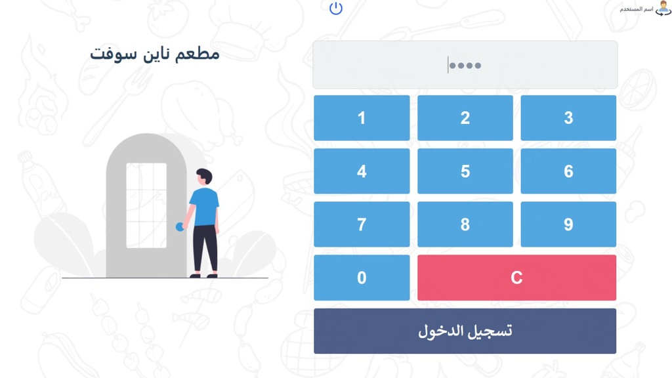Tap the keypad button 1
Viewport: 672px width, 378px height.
point(362,118)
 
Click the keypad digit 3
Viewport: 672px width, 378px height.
point(568,118)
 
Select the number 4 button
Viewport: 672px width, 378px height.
point(362,171)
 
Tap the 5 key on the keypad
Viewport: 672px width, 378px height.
point(465,171)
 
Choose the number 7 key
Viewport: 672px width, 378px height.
point(362,224)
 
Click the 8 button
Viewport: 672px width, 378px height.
point(465,224)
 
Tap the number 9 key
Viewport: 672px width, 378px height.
point(568,224)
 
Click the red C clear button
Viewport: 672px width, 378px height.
point(516,278)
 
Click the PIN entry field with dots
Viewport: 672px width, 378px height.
point(465,65)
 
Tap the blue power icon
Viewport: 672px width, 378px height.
point(336,9)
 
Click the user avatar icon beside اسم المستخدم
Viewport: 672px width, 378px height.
point(663,9)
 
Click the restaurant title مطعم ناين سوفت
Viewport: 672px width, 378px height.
point(155,54)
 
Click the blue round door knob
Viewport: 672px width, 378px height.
point(180,227)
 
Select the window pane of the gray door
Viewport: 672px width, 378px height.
point(146,205)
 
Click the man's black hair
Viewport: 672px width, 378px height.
point(205,174)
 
